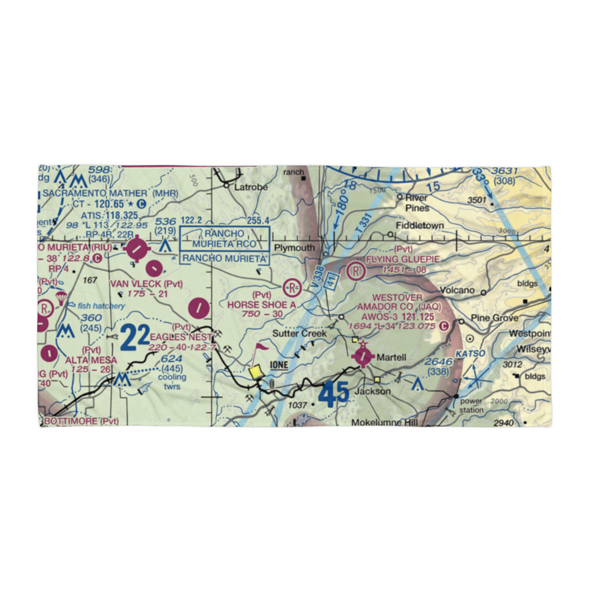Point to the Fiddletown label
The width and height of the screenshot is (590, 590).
419,225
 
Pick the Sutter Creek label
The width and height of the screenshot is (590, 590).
299,333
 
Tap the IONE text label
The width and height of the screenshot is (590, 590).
278,365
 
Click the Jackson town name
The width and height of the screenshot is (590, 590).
372,391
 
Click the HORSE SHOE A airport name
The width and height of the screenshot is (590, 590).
262,304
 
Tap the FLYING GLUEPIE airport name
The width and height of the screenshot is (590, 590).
403,259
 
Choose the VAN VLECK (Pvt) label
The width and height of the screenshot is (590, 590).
146,284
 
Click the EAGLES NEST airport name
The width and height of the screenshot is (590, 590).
181,337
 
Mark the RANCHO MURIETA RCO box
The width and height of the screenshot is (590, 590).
224,238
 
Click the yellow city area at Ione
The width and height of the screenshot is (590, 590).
256,372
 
